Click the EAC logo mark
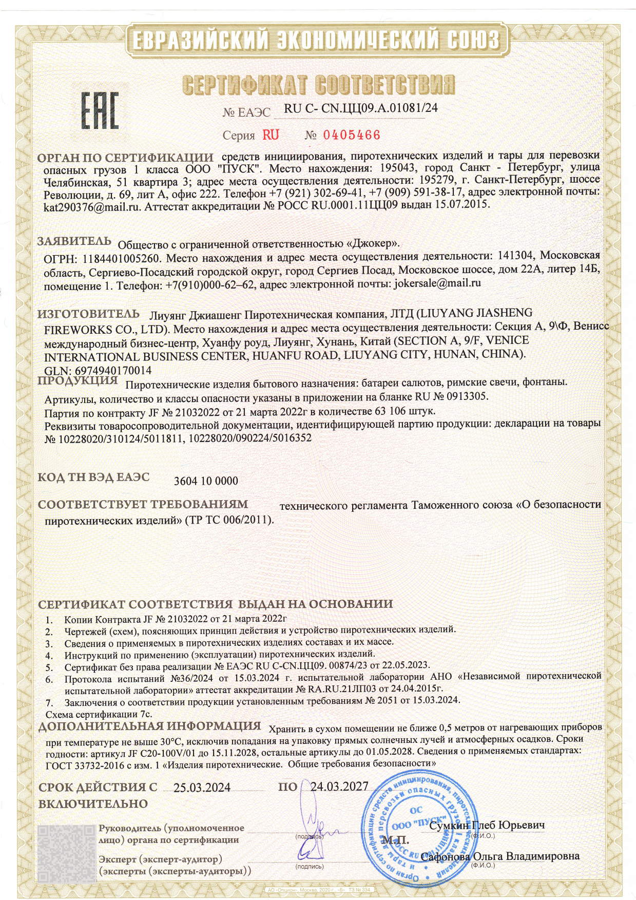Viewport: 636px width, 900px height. pos(101,110)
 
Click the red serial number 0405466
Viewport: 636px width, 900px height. pos(351,135)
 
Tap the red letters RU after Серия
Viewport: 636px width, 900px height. pos(271,135)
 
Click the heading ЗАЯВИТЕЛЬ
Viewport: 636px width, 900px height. pos(74,241)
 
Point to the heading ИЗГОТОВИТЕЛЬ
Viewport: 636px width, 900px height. pos(88,314)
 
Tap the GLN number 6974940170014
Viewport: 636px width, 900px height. pos(113,370)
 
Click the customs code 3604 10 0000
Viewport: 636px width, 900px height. pos(206,481)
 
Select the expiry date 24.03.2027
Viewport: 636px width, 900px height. pos(339,787)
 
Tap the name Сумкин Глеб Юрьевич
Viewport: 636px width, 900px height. pos(487,826)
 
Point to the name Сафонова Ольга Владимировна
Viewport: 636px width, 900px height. pos(500,856)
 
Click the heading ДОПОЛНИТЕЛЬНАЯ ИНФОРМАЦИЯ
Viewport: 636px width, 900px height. pos(150,726)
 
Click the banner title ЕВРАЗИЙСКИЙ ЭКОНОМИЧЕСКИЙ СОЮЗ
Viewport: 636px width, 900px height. pos(315,40)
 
